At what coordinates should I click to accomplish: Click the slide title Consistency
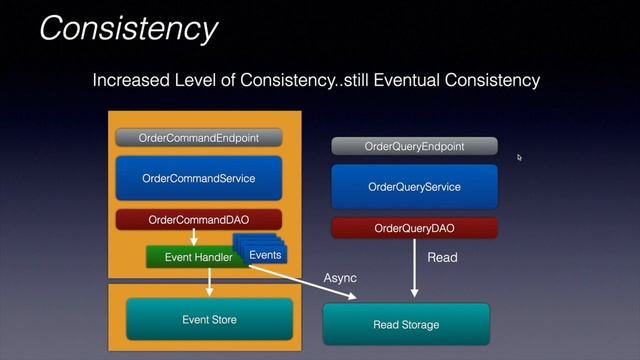127,27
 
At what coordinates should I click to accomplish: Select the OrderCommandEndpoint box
199,137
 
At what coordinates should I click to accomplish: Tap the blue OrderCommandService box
199,178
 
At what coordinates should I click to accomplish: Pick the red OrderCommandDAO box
199,219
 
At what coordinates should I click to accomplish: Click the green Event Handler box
192,257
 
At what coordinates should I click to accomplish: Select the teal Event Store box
210,320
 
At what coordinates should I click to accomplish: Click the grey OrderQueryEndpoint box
413,146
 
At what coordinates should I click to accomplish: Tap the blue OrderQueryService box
413,187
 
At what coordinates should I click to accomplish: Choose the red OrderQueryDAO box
413,229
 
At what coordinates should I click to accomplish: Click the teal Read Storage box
406,325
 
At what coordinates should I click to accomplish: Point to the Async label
340,277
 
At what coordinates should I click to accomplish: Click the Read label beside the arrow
442,258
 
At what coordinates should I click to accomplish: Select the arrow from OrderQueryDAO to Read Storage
413,270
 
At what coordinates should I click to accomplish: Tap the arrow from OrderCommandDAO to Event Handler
193,238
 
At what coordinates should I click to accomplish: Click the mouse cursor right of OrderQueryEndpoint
519,157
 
